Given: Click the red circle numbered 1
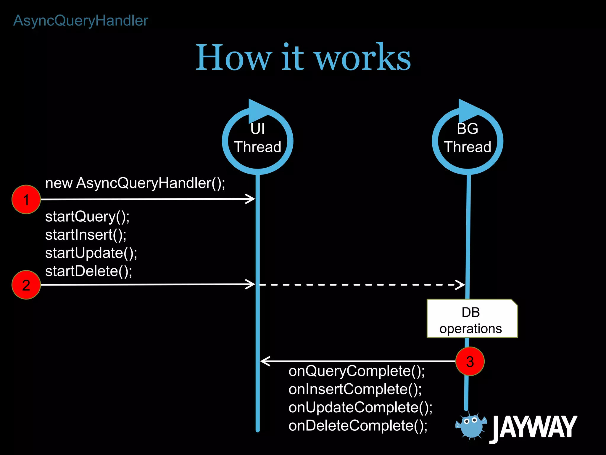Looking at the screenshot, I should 26,199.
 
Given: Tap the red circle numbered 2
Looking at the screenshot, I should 26,285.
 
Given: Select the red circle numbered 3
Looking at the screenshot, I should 470,361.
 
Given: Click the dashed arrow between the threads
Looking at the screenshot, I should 361,285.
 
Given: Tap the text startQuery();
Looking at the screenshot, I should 87,217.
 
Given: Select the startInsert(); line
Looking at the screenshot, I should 86,235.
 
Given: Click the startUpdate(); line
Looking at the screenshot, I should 91,253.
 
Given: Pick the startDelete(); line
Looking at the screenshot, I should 88,271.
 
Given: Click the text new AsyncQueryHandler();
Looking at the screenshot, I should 135,183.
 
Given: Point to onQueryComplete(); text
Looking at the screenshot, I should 357,371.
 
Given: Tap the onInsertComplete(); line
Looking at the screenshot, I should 355,389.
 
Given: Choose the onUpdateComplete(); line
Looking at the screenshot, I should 360,407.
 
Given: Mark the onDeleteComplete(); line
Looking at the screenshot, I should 358,426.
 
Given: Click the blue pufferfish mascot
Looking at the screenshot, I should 471,425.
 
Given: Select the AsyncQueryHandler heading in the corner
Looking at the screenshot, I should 81,21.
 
